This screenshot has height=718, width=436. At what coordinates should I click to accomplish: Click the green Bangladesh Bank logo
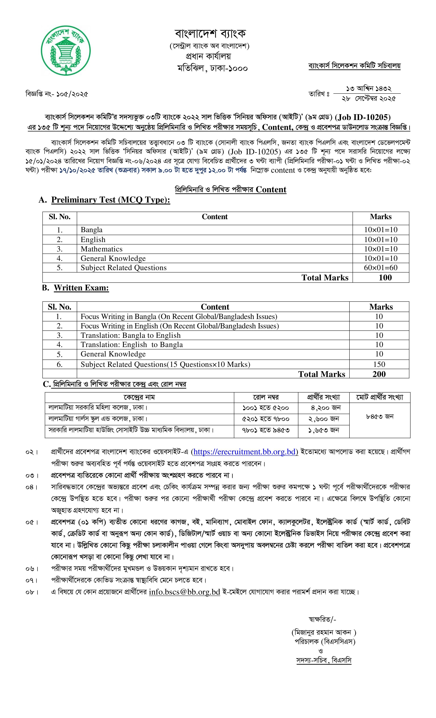[66, 50]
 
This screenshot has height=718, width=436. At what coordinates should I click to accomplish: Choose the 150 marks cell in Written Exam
[379, 364]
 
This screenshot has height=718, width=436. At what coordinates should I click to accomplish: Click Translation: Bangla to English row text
[131, 335]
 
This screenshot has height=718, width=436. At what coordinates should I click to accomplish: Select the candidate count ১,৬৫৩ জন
[323, 430]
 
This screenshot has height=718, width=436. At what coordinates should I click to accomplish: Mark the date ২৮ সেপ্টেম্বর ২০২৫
[369, 99]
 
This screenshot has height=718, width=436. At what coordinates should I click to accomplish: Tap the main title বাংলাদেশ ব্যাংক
[210, 34]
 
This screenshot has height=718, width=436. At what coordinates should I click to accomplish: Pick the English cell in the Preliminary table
[93, 240]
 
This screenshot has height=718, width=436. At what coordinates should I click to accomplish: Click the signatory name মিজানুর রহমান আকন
[323, 632]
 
